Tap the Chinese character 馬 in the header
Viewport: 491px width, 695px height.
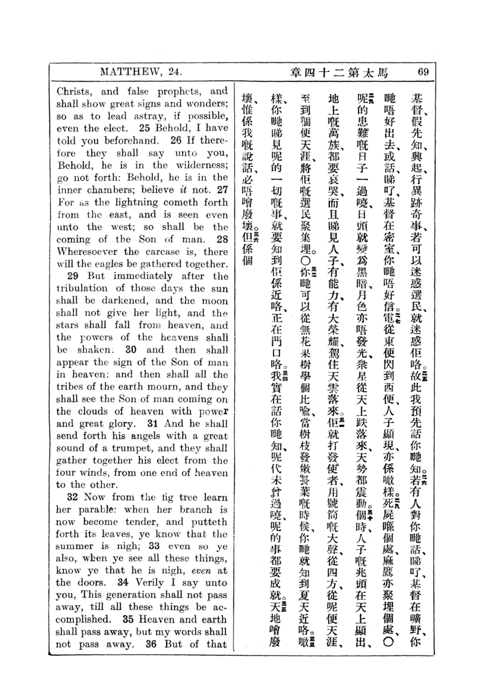pyautogui.click(x=382, y=73)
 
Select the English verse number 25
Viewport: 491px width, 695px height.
pyautogui.click(x=144, y=128)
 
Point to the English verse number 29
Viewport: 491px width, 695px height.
pyautogui.click(x=72, y=276)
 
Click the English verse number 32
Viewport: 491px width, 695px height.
pyautogui.click(x=72, y=497)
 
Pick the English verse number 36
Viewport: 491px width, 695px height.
pyautogui.click(x=151, y=644)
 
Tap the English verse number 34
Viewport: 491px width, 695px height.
pyautogui.click(x=123, y=582)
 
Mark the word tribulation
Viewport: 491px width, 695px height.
pyautogui.click(x=82, y=288)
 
